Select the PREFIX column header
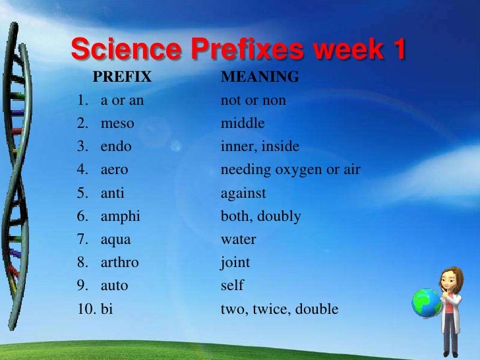(122, 78)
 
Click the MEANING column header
(260, 78)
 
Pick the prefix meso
(117, 123)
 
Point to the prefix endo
(116, 146)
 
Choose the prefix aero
(114, 169)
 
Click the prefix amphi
(120, 216)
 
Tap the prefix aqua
(115, 240)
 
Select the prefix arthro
(119, 262)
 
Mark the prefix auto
(114, 285)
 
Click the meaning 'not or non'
(253, 101)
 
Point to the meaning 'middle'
(243, 123)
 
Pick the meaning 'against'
(243, 194)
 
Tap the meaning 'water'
(239, 239)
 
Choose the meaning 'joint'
(235, 262)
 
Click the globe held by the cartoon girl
(425, 303)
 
